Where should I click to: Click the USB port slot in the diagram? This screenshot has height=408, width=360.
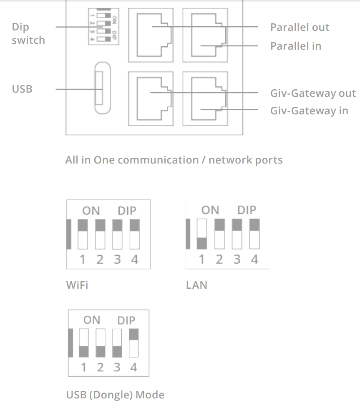103,88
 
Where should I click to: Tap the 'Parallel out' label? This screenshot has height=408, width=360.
300,27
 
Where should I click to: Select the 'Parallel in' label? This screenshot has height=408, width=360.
296,46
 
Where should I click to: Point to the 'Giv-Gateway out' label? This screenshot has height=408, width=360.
313,93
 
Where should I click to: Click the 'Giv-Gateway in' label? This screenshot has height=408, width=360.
309,111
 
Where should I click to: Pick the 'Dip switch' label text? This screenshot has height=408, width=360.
28,33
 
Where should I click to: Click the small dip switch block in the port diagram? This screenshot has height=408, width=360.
103,26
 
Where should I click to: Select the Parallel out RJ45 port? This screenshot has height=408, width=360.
151,35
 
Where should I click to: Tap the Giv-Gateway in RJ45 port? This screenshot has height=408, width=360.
205,98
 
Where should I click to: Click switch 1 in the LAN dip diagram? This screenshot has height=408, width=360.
202,234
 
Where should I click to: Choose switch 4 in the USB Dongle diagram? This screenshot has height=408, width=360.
134,343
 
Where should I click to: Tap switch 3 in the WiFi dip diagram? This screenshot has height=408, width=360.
117,234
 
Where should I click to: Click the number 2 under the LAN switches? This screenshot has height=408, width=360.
219,259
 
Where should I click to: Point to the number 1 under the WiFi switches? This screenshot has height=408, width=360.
83,259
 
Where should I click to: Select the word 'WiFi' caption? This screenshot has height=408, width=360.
77,285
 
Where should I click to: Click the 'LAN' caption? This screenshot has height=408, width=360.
196,285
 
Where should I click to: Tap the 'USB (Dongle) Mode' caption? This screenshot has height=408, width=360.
115,395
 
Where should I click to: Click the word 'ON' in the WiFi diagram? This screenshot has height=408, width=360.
91,211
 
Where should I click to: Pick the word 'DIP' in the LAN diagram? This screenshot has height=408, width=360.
247,210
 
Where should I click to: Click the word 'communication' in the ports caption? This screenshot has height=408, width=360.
158,160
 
